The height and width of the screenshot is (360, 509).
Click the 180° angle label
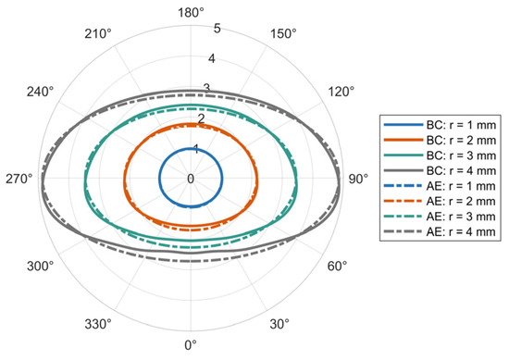(x=191, y=13)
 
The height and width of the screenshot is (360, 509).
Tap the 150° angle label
(x=283, y=33)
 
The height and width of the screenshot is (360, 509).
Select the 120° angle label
(x=341, y=92)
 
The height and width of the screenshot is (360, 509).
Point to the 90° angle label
(x=358, y=179)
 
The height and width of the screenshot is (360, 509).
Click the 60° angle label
(x=337, y=267)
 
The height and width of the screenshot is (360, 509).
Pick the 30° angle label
(x=279, y=324)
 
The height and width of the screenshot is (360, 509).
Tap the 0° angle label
(x=191, y=345)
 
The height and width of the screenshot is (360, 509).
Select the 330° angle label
(x=98, y=324)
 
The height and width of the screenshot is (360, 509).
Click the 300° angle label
(x=40, y=267)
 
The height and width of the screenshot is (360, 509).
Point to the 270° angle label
(x=19, y=179)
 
